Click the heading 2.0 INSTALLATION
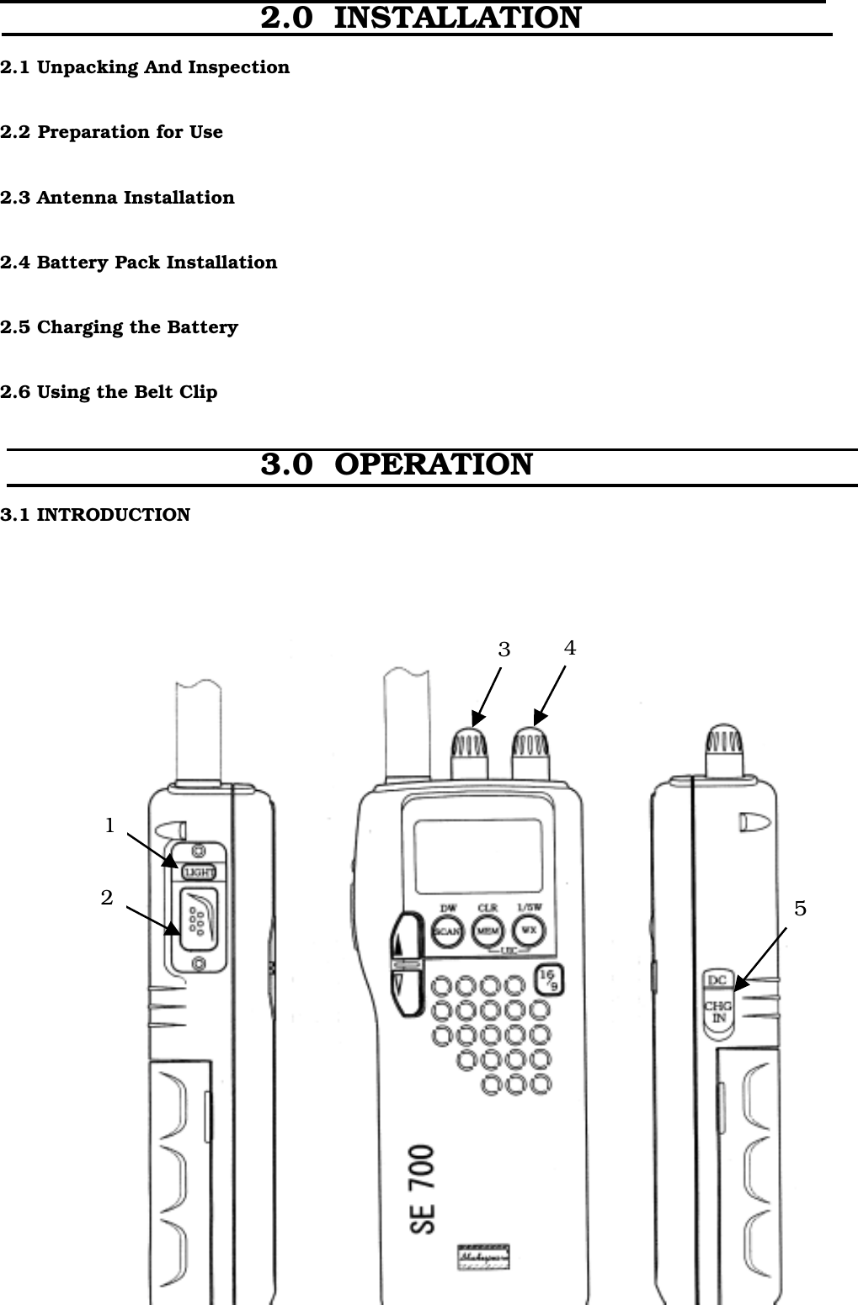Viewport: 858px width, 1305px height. coord(420,18)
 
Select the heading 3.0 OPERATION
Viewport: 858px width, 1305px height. coord(397,464)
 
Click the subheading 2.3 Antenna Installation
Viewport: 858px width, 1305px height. coord(117,198)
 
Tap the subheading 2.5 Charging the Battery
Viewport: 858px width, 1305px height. coord(119,327)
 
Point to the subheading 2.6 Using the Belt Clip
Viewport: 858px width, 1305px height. coord(109,392)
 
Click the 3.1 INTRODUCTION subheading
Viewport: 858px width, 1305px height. coord(95,514)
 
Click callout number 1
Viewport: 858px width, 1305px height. coord(109,826)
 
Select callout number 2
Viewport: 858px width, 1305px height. coord(107,898)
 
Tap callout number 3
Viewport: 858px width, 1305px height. coord(504,650)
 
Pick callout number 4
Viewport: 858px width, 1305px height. coord(570,648)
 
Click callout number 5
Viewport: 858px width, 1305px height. coord(800,909)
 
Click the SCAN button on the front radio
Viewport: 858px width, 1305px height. coord(447,931)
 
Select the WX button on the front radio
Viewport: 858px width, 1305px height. coord(529,931)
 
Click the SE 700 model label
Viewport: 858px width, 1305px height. coord(424,1189)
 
